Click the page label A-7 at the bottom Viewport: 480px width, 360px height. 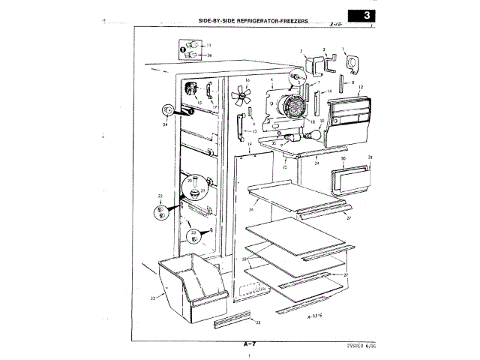coord(250,343)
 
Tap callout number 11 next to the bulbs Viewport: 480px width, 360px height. coord(208,46)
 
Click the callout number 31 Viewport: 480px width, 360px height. coord(370,157)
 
